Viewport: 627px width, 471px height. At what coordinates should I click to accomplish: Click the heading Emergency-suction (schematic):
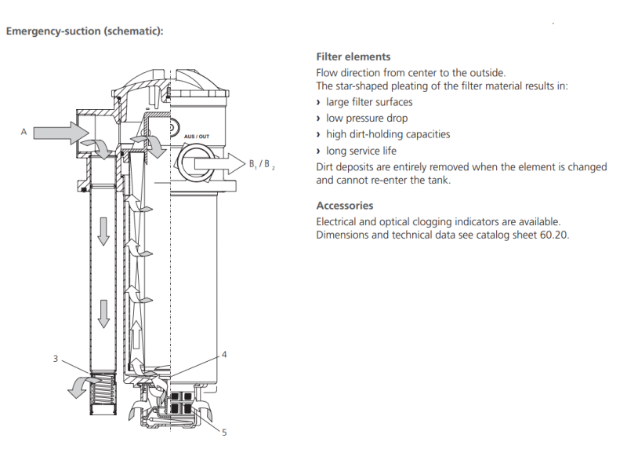pos(85,31)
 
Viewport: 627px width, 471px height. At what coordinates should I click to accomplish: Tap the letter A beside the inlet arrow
pos(24,132)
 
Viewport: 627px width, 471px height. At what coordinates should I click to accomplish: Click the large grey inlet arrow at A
pos(61,133)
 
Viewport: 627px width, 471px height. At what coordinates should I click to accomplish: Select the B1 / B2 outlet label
pos(262,164)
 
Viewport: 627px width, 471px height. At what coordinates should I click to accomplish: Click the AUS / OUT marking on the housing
pos(197,137)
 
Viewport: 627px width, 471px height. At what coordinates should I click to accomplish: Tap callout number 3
pos(56,359)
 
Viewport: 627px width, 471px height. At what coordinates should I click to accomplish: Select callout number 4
pos(224,355)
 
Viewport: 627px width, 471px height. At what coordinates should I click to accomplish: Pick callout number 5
pos(224,433)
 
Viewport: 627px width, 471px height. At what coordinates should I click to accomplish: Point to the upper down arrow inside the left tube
pos(103,232)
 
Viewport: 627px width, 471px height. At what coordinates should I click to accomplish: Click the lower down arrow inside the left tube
pos(103,314)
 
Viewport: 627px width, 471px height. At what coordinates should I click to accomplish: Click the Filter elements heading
pos(353,57)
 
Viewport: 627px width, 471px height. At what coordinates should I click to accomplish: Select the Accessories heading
pos(345,206)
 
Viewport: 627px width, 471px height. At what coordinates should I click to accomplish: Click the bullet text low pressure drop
pos(367,119)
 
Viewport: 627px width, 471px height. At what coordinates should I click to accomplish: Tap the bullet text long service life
pos(361,151)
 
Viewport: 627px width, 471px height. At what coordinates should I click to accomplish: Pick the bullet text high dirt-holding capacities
pos(388,134)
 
